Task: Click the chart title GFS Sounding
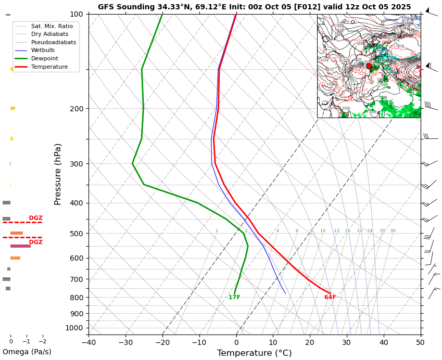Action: pos(254,7)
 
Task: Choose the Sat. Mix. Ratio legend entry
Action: pos(52,25)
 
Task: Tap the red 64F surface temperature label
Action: pos(330,298)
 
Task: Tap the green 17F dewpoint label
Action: pos(234,298)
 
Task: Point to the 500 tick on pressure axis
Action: pos(77,234)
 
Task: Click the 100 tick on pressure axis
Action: pos(77,14)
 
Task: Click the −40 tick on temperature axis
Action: pos(89,342)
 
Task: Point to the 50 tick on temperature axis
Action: pos(420,342)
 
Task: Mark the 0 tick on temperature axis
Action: pos(236,342)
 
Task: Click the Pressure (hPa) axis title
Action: pos(58,174)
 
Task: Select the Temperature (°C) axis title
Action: pos(254,353)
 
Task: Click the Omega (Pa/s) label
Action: pos(27,352)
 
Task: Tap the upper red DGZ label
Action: pos(36,218)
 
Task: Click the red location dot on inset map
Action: pos(369,66)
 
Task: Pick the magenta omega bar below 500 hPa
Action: pos(20,246)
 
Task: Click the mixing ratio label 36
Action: pos(393,231)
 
